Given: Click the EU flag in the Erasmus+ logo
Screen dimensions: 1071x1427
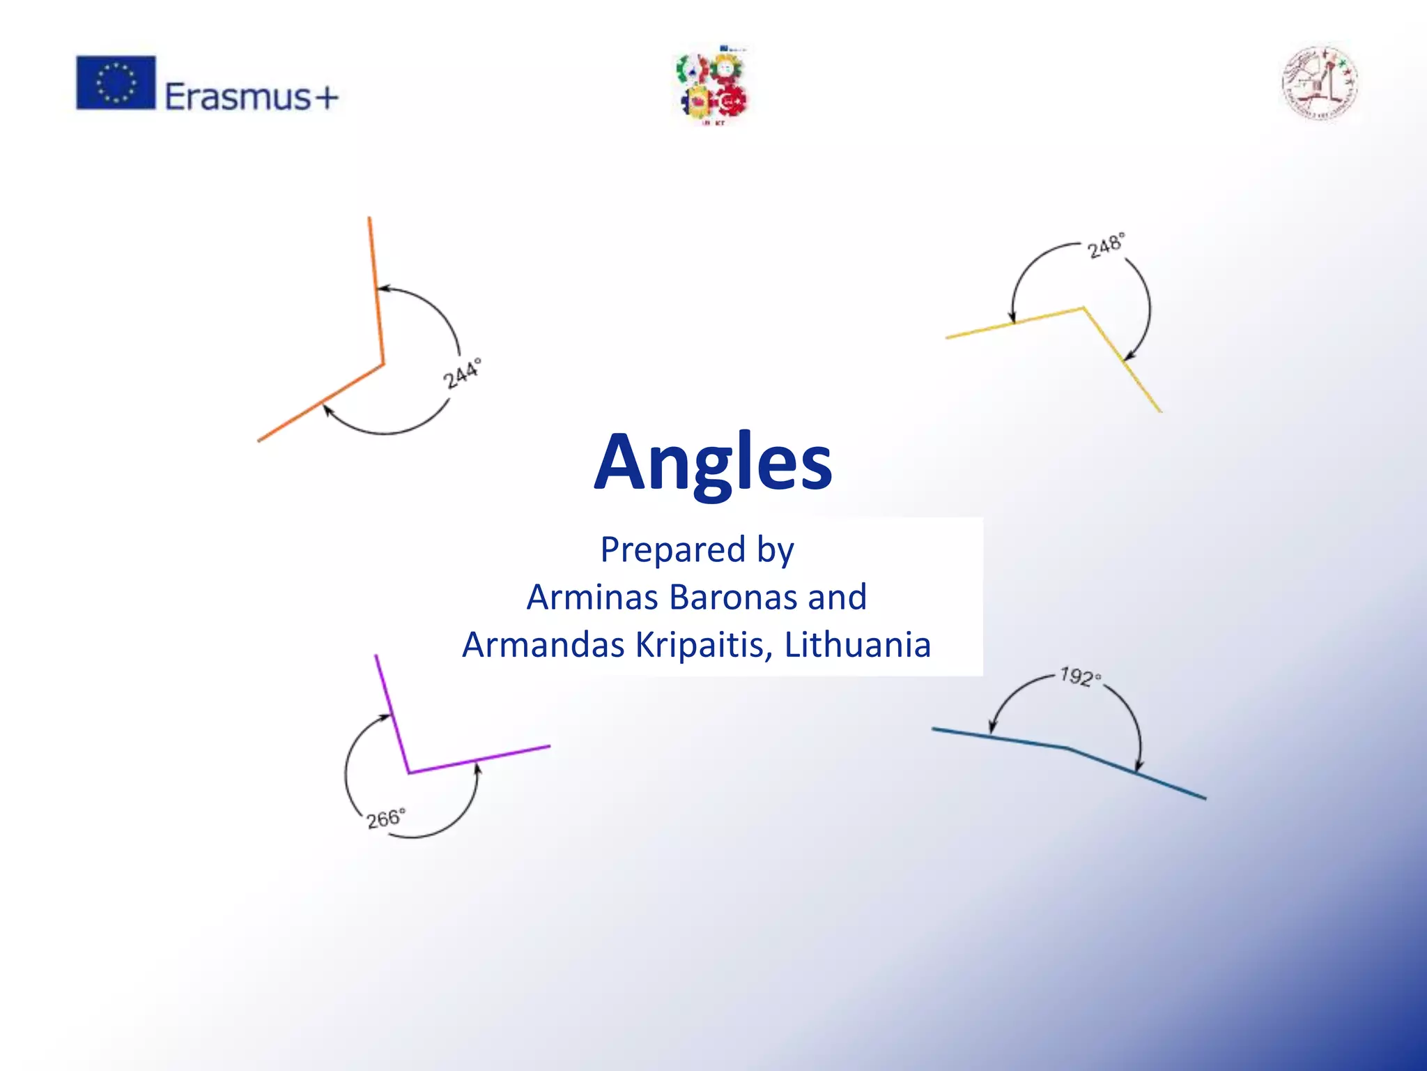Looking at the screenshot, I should click(x=116, y=82).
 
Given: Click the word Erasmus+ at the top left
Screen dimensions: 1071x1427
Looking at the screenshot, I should click(x=251, y=96).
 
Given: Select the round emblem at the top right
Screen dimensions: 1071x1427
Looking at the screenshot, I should click(x=1319, y=84).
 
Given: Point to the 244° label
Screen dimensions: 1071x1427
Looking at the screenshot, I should click(x=462, y=373).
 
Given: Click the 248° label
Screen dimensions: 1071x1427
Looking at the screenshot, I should click(x=1106, y=245).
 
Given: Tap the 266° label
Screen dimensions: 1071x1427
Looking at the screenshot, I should click(x=385, y=818).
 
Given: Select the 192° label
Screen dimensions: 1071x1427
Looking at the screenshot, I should click(x=1080, y=676).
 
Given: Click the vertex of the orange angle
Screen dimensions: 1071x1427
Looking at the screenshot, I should click(x=383, y=364).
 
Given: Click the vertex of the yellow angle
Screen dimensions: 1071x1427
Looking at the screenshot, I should click(x=1083, y=307).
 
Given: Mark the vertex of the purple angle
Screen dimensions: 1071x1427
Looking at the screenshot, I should click(x=408, y=773).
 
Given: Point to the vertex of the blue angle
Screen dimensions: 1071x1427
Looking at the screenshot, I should click(x=1067, y=748).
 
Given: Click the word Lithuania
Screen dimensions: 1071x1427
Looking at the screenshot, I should click(x=857, y=644).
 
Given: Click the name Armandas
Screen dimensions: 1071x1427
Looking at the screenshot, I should click(x=543, y=644).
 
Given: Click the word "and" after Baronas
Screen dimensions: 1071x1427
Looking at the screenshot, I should click(x=838, y=597).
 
